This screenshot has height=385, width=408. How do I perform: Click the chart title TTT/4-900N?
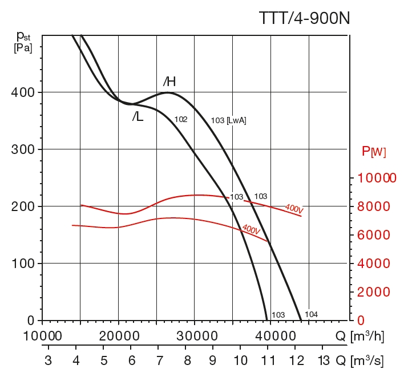point(304,18)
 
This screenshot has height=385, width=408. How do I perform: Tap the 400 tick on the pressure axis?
point(23,92)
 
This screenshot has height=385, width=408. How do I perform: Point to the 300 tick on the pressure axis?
point(23,149)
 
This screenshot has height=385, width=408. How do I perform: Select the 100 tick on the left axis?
point(23,264)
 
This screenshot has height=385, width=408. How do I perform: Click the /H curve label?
point(169,82)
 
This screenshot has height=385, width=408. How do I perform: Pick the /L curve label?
point(138,117)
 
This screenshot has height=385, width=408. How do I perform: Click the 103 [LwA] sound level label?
point(228,120)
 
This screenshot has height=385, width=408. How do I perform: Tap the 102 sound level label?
point(181,120)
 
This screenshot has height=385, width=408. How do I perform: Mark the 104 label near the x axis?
point(312,314)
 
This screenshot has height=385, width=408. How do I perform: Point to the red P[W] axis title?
point(374,152)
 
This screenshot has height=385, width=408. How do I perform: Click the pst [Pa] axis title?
point(23,43)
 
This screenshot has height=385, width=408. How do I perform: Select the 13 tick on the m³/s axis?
point(323,360)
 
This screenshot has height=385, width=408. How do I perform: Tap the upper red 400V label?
point(294,209)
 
